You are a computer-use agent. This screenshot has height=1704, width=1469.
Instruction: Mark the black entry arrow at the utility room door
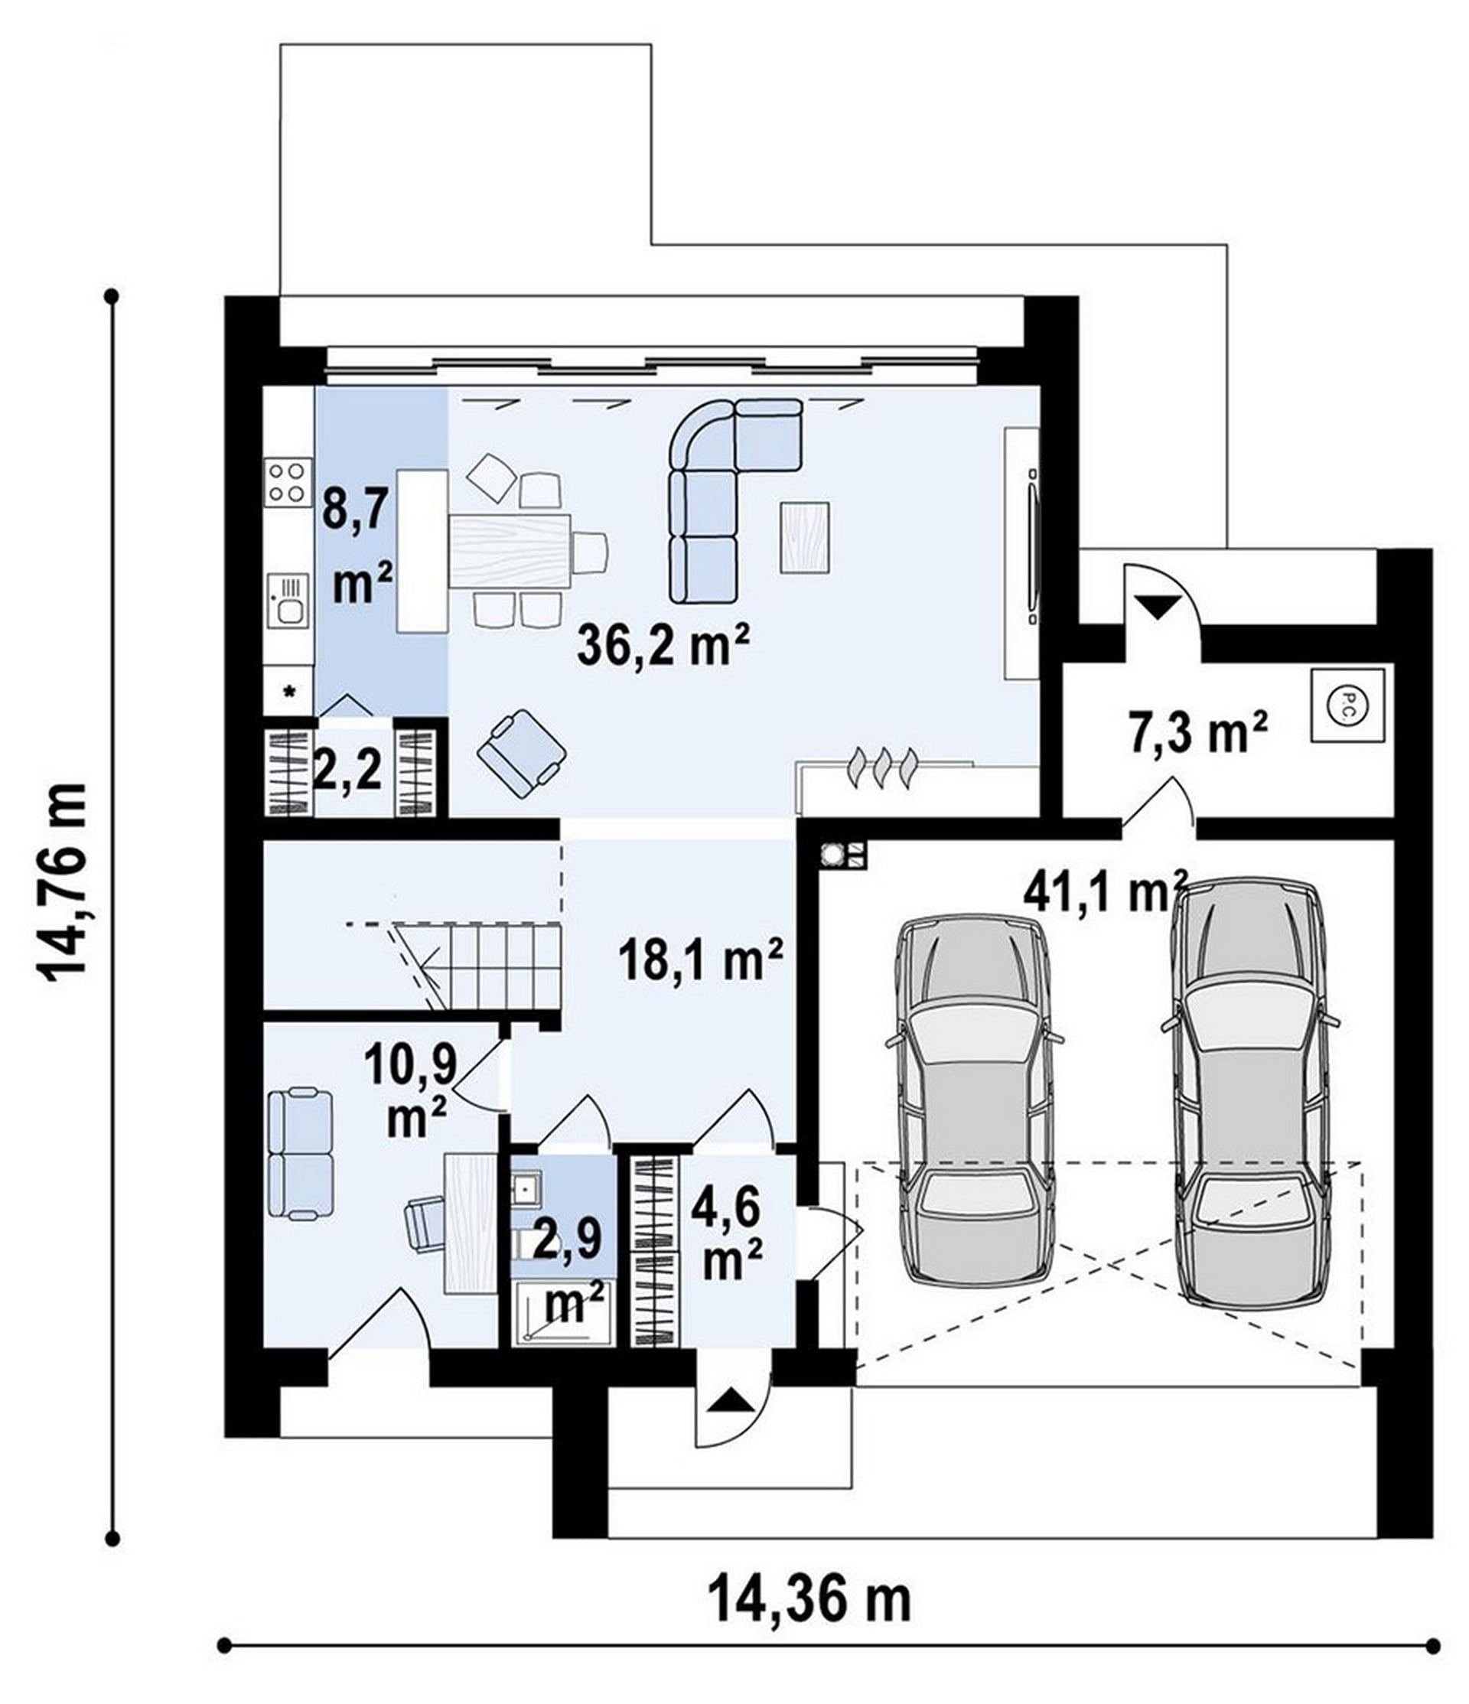point(1159,607)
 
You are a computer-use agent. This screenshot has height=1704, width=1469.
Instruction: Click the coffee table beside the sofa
point(806,537)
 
